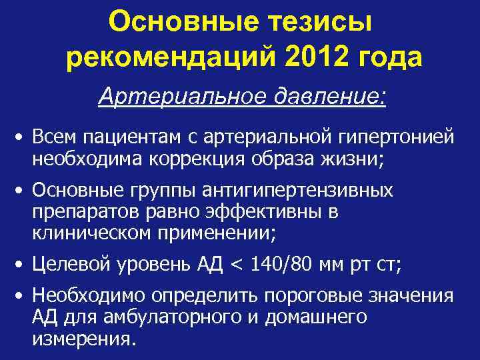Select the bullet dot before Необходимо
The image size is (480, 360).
pos(22,296)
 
